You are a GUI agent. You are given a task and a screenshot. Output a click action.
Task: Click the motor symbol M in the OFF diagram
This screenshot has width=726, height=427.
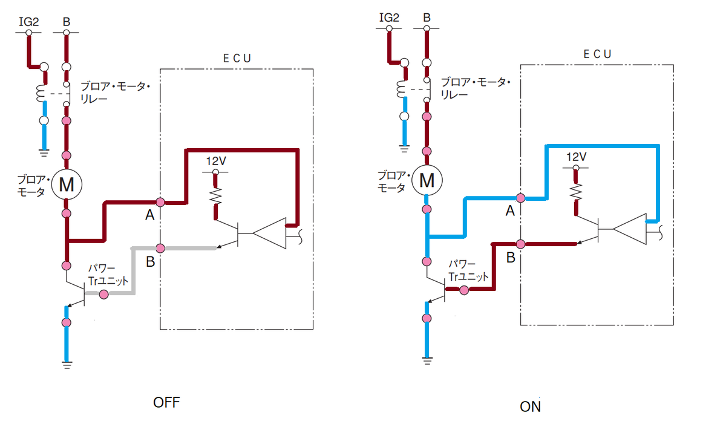[66, 184]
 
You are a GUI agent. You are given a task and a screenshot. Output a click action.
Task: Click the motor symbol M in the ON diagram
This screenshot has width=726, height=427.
[427, 180]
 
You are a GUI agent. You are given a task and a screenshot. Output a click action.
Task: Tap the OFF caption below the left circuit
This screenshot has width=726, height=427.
[167, 402]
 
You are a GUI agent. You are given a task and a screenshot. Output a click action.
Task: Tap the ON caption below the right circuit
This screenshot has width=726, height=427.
[531, 406]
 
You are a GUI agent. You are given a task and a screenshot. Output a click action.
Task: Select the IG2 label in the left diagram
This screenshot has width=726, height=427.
[28, 22]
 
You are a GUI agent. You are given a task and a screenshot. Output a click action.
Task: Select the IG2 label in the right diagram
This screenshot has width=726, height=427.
[389, 18]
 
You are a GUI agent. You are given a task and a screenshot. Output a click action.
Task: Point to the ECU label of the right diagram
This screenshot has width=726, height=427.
[597, 54]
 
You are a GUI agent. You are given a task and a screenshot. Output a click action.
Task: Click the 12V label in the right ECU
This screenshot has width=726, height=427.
[577, 157]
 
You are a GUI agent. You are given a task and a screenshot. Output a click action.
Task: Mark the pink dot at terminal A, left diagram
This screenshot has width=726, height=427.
[160, 201]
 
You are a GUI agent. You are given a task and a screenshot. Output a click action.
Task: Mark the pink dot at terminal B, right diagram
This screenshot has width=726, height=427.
[521, 243]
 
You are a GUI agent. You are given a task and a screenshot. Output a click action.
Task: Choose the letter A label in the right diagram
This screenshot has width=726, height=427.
[510, 211]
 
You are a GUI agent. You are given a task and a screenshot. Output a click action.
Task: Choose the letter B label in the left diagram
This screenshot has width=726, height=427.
[150, 262]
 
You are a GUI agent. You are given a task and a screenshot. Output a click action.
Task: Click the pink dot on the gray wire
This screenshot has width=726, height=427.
[103, 294]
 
